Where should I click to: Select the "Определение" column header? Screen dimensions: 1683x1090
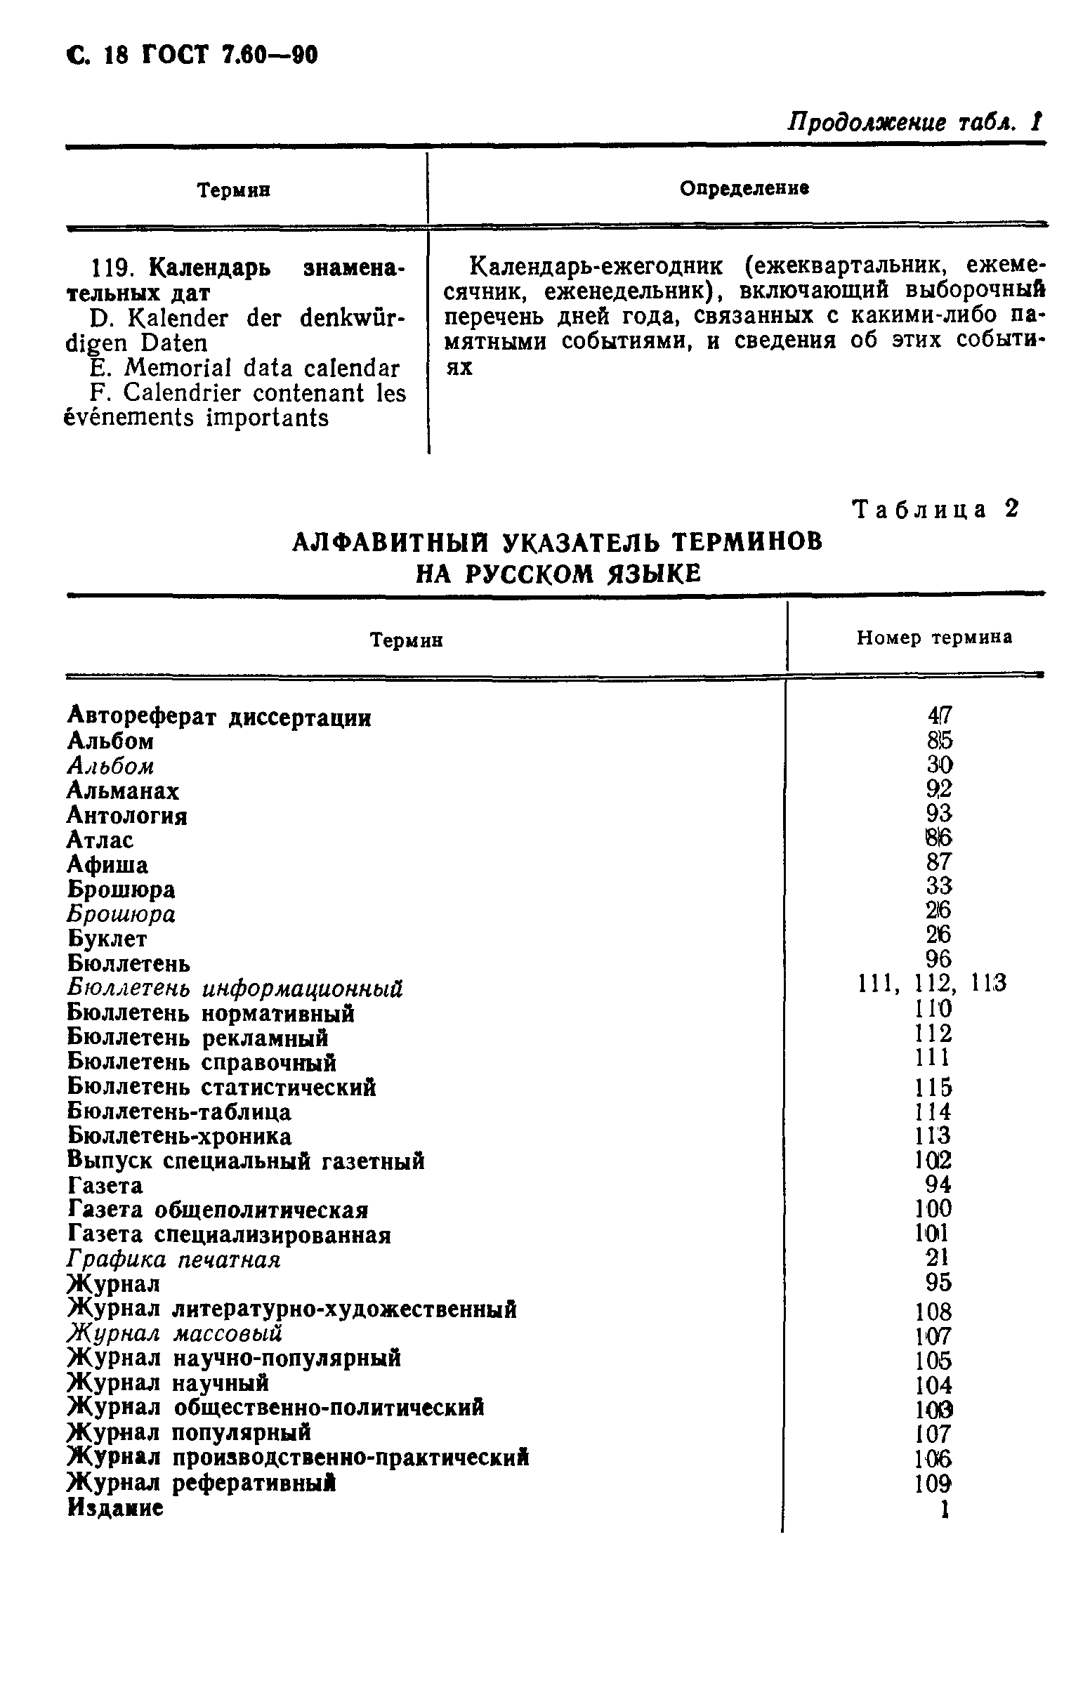(744, 188)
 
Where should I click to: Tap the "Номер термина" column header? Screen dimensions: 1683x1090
(933, 638)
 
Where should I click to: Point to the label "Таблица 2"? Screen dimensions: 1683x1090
(936, 509)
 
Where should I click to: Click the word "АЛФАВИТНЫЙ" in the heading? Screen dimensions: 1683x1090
(391, 541)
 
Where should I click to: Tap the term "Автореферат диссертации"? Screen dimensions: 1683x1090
(218, 718)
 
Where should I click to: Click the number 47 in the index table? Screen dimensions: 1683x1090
(939, 715)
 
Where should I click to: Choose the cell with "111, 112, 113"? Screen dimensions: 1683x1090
(931, 984)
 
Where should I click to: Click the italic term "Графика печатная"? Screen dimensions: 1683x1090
(173, 1260)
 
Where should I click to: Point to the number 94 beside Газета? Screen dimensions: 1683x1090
(938, 1184)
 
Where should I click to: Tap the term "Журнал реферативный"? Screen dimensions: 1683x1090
(201, 1482)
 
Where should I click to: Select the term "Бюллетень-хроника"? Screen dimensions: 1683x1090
(179, 1136)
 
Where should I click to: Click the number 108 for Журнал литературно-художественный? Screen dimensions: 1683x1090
(933, 1312)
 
